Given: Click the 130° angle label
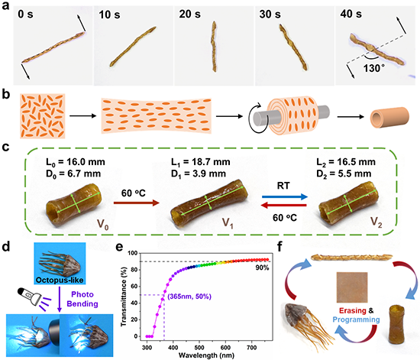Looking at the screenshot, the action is [x=374, y=68].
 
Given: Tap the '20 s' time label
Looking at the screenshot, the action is [x=189, y=14].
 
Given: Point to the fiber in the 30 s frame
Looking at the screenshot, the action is [x=293, y=47].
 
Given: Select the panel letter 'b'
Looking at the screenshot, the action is [x=5, y=95].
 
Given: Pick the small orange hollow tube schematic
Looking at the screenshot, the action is [x=389, y=117].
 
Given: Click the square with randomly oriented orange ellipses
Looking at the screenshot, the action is [x=42, y=116].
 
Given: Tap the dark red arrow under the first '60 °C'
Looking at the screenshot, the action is [x=137, y=203].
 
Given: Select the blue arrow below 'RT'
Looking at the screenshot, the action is [x=285, y=196].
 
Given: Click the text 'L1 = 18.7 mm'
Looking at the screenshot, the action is [x=201, y=162].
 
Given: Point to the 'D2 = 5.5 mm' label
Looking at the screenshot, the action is [x=344, y=174].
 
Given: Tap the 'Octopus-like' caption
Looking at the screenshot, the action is [x=60, y=280].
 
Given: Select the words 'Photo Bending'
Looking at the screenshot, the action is [x=82, y=299].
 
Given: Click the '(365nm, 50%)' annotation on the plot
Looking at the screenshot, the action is [x=189, y=297].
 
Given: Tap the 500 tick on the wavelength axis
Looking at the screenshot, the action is [x=199, y=348].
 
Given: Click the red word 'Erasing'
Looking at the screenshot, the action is [x=353, y=310].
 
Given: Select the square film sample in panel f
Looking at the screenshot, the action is [x=352, y=287].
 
